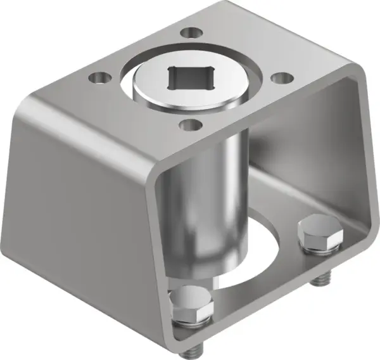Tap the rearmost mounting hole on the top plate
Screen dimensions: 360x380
[x=189, y=32]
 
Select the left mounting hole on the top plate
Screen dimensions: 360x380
[x=97, y=78]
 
